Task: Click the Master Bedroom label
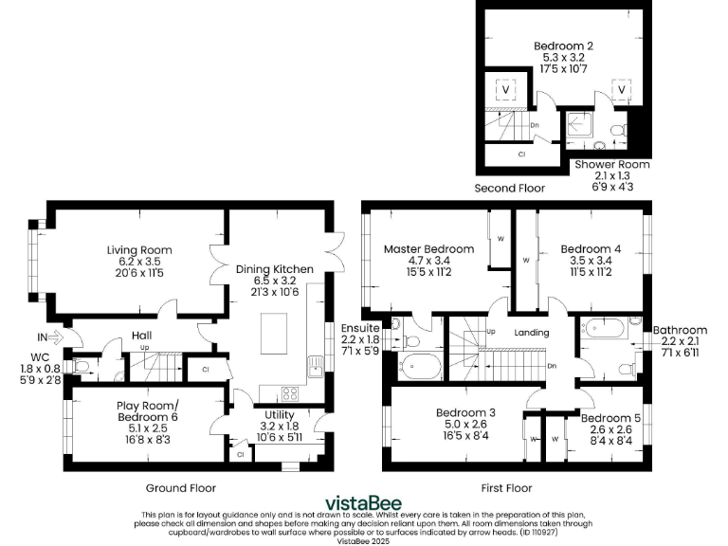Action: tap(422, 249)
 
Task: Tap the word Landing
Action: tap(532, 333)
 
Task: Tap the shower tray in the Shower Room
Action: tap(578, 126)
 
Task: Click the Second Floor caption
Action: tap(510, 189)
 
